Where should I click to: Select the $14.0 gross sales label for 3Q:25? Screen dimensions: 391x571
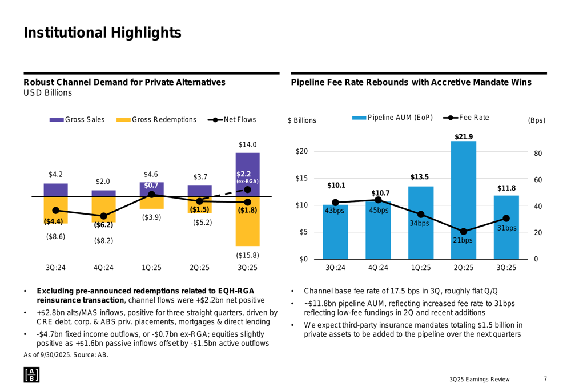(x=248, y=145)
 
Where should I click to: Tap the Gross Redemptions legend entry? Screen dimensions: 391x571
(x=156, y=120)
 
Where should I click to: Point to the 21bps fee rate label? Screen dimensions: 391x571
(x=463, y=241)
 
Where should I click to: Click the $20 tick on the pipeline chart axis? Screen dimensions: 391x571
(x=301, y=151)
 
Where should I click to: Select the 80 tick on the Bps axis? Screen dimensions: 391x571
(x=537, y=154)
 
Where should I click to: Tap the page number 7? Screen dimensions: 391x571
(x=545, y=379)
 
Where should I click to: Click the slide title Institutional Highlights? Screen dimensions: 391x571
(x=103, y=33)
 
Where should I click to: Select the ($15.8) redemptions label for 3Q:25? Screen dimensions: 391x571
(x=248, y=255)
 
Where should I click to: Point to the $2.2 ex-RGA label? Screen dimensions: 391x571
(x=247, y=176)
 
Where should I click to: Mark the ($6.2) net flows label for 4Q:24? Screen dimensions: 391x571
(x=103, y=225)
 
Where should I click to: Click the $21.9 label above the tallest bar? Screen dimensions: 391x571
(x=463, y=136)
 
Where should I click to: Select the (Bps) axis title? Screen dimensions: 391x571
(x=537, y=120)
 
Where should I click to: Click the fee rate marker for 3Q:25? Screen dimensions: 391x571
(x=506, y=218)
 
